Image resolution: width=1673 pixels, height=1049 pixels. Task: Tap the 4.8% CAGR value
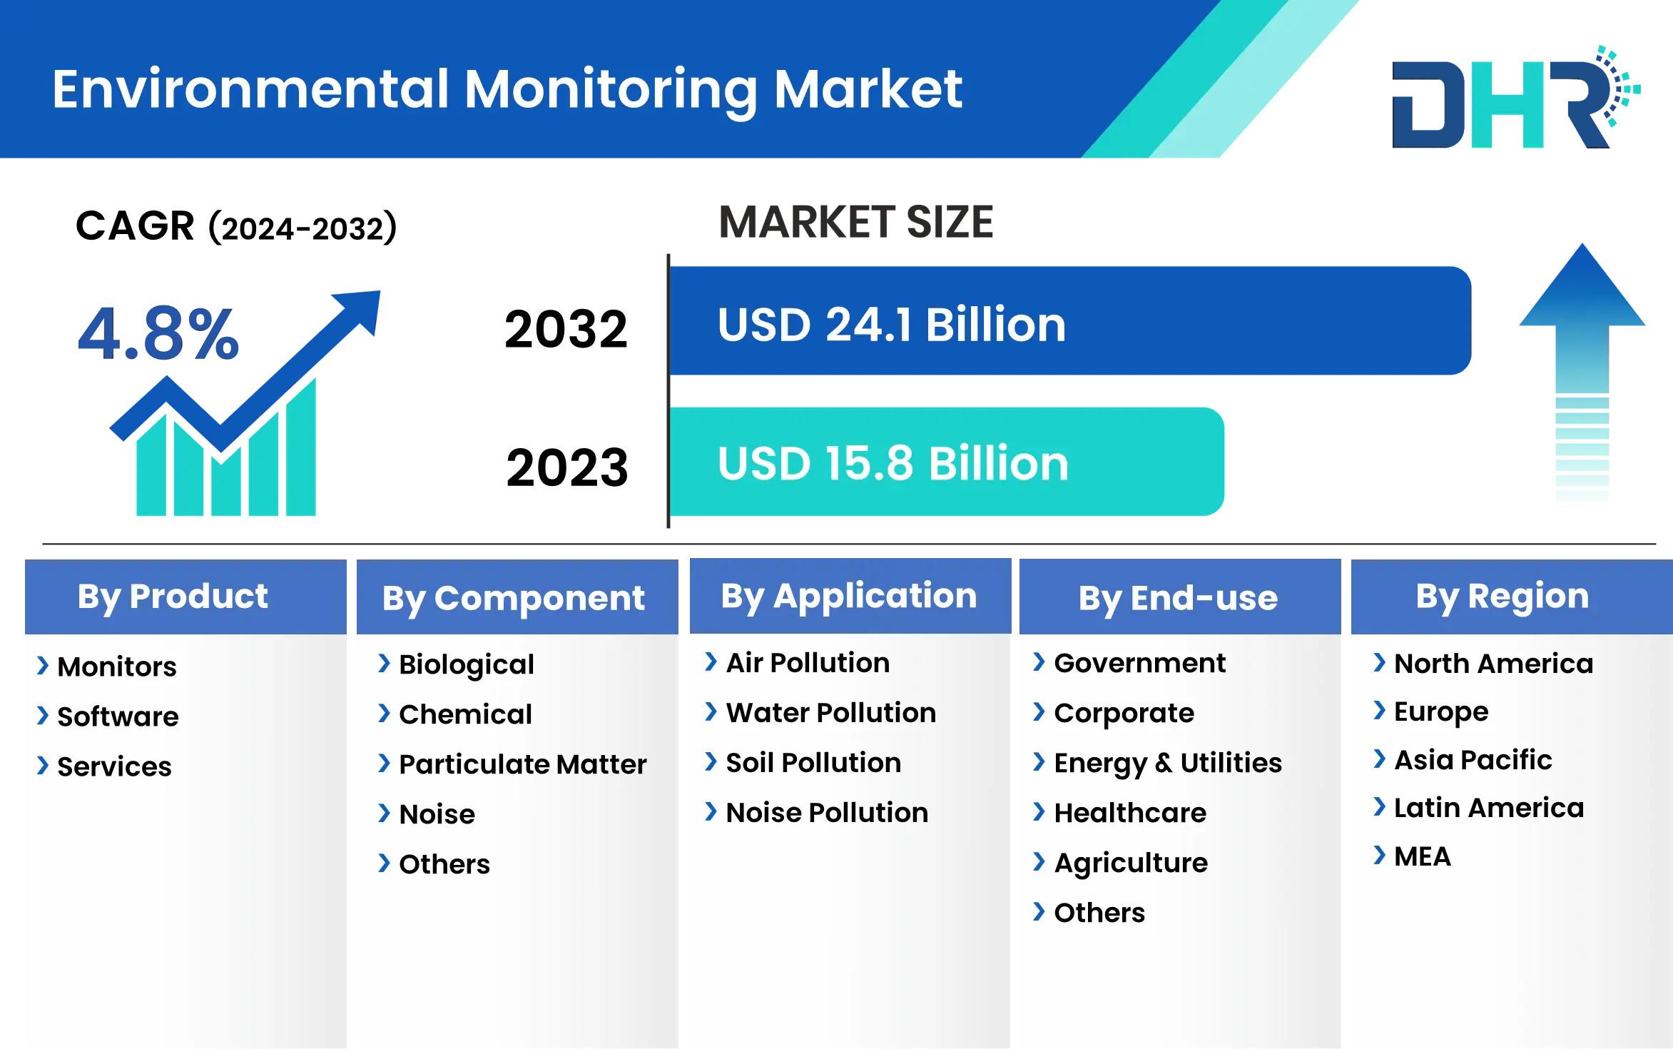point(158,334)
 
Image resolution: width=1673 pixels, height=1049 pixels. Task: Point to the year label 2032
point(566,329)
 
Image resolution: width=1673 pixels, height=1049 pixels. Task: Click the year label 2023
point(567,467)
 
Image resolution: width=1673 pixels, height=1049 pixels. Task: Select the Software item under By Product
point(118,716)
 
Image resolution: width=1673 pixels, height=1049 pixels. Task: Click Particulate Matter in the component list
point(522,764)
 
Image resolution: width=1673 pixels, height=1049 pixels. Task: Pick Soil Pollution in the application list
point(813,763)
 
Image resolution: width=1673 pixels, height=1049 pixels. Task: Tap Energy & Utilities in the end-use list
point(1168,764)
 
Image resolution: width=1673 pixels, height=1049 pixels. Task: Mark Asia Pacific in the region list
point(1473,760)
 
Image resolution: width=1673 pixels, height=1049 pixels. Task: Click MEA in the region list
point(1423,856)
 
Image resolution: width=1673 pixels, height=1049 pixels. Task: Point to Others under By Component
point(444,864)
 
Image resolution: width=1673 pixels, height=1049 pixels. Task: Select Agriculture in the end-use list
point(1131,863)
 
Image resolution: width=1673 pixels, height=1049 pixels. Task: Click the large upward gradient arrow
point(1582,371)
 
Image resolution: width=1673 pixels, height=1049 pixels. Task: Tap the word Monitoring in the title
point(611,91)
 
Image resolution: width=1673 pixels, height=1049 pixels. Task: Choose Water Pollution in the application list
point(830,713)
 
